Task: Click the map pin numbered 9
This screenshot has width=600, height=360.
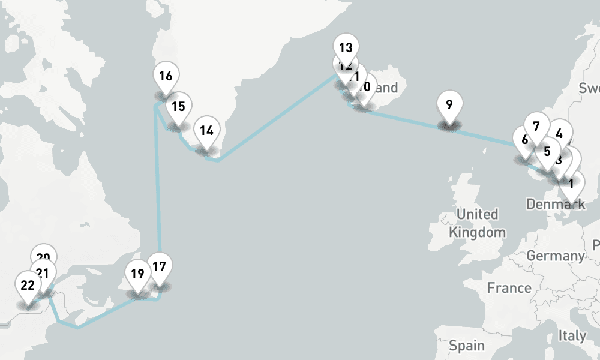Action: (449, 105)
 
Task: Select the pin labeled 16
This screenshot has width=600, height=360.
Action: (166, 76)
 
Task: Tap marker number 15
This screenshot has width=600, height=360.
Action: (178, 107)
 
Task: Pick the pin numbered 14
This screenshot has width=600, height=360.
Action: (206, 130)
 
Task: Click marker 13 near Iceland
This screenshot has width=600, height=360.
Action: (346, 47)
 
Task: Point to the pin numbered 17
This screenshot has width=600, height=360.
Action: (159, 267)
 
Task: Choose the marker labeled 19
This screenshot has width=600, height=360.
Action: (137, 274)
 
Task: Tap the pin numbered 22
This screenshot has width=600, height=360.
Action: (28, 285)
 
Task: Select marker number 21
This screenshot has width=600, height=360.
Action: (43, 273)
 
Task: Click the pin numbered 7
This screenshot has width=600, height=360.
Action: (536, 126)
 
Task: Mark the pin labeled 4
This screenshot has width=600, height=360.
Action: (559, 133)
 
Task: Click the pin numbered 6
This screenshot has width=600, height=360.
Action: (524, 140)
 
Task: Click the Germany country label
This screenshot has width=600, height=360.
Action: (555, 256)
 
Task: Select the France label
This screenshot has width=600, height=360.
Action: (509, 288)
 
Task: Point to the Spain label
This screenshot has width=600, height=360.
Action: (467, 346)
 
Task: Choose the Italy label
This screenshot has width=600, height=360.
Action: (571, 336)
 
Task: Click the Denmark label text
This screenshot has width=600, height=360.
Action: (555, 205)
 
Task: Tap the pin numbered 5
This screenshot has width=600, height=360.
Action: (547, 151)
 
